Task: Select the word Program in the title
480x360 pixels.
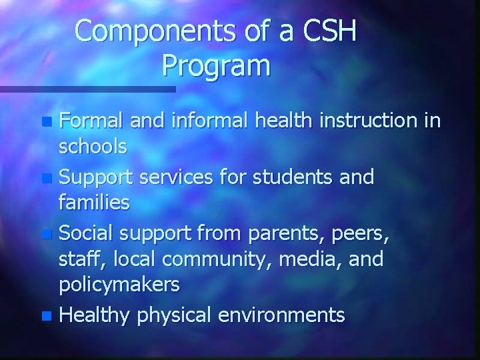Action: click(x=216, y=65)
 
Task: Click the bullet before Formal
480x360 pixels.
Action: click(x=46, y=123)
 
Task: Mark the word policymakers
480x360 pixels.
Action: click(x=120, y=285)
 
